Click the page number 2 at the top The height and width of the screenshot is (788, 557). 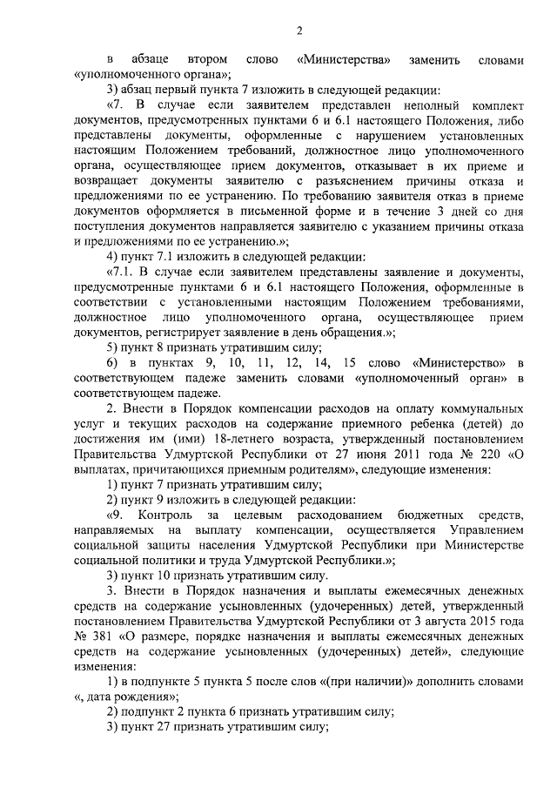pyautogui.click(x=299, y=32)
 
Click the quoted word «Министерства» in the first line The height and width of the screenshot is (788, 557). pyautogui.click(x=342, y=59)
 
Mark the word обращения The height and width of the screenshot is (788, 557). pyautogui.click(x=348, y=332)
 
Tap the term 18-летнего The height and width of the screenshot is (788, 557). pyautogui.click(x=212, y=440)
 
